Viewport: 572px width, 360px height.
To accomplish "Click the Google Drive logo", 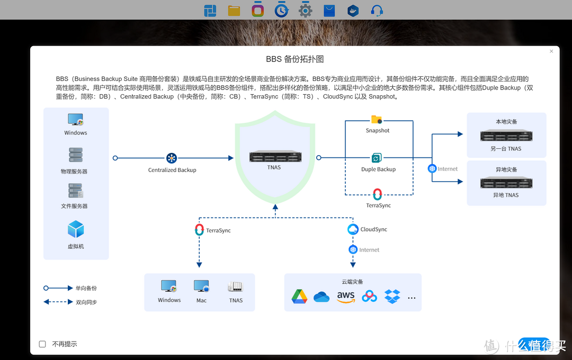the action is pos(299,296).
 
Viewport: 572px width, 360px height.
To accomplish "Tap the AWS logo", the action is pos(346,296).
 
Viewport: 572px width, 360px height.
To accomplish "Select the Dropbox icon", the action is pos(392,296).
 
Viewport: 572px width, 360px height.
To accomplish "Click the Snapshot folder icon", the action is pos(377,120).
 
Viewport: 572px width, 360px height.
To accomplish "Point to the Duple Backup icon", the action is pos(377,158).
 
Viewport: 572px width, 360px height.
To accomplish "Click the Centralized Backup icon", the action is pos(172,158).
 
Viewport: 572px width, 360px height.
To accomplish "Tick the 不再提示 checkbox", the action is pos(42,344).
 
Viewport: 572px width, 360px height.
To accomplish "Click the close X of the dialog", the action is pos(551,51).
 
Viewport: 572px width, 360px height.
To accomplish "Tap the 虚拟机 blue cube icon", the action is pos(76,229).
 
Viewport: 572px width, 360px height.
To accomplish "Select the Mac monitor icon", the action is pos(201,286).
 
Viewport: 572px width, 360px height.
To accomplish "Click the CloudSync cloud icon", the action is pos(353,229).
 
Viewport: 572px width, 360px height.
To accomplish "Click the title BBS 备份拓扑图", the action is pos(294,59).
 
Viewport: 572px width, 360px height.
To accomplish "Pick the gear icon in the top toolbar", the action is pos(305,10).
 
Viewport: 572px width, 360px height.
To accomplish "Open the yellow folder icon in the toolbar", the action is pos(234,10).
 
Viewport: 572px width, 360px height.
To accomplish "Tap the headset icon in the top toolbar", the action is pos(377,10).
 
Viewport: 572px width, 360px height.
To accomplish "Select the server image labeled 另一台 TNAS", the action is pos(505,136).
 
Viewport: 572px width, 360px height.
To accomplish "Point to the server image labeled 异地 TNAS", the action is pos(505,183).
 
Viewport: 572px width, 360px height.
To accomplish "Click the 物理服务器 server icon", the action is pos(76,155).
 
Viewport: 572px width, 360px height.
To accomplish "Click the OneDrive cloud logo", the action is pos(321,297).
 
